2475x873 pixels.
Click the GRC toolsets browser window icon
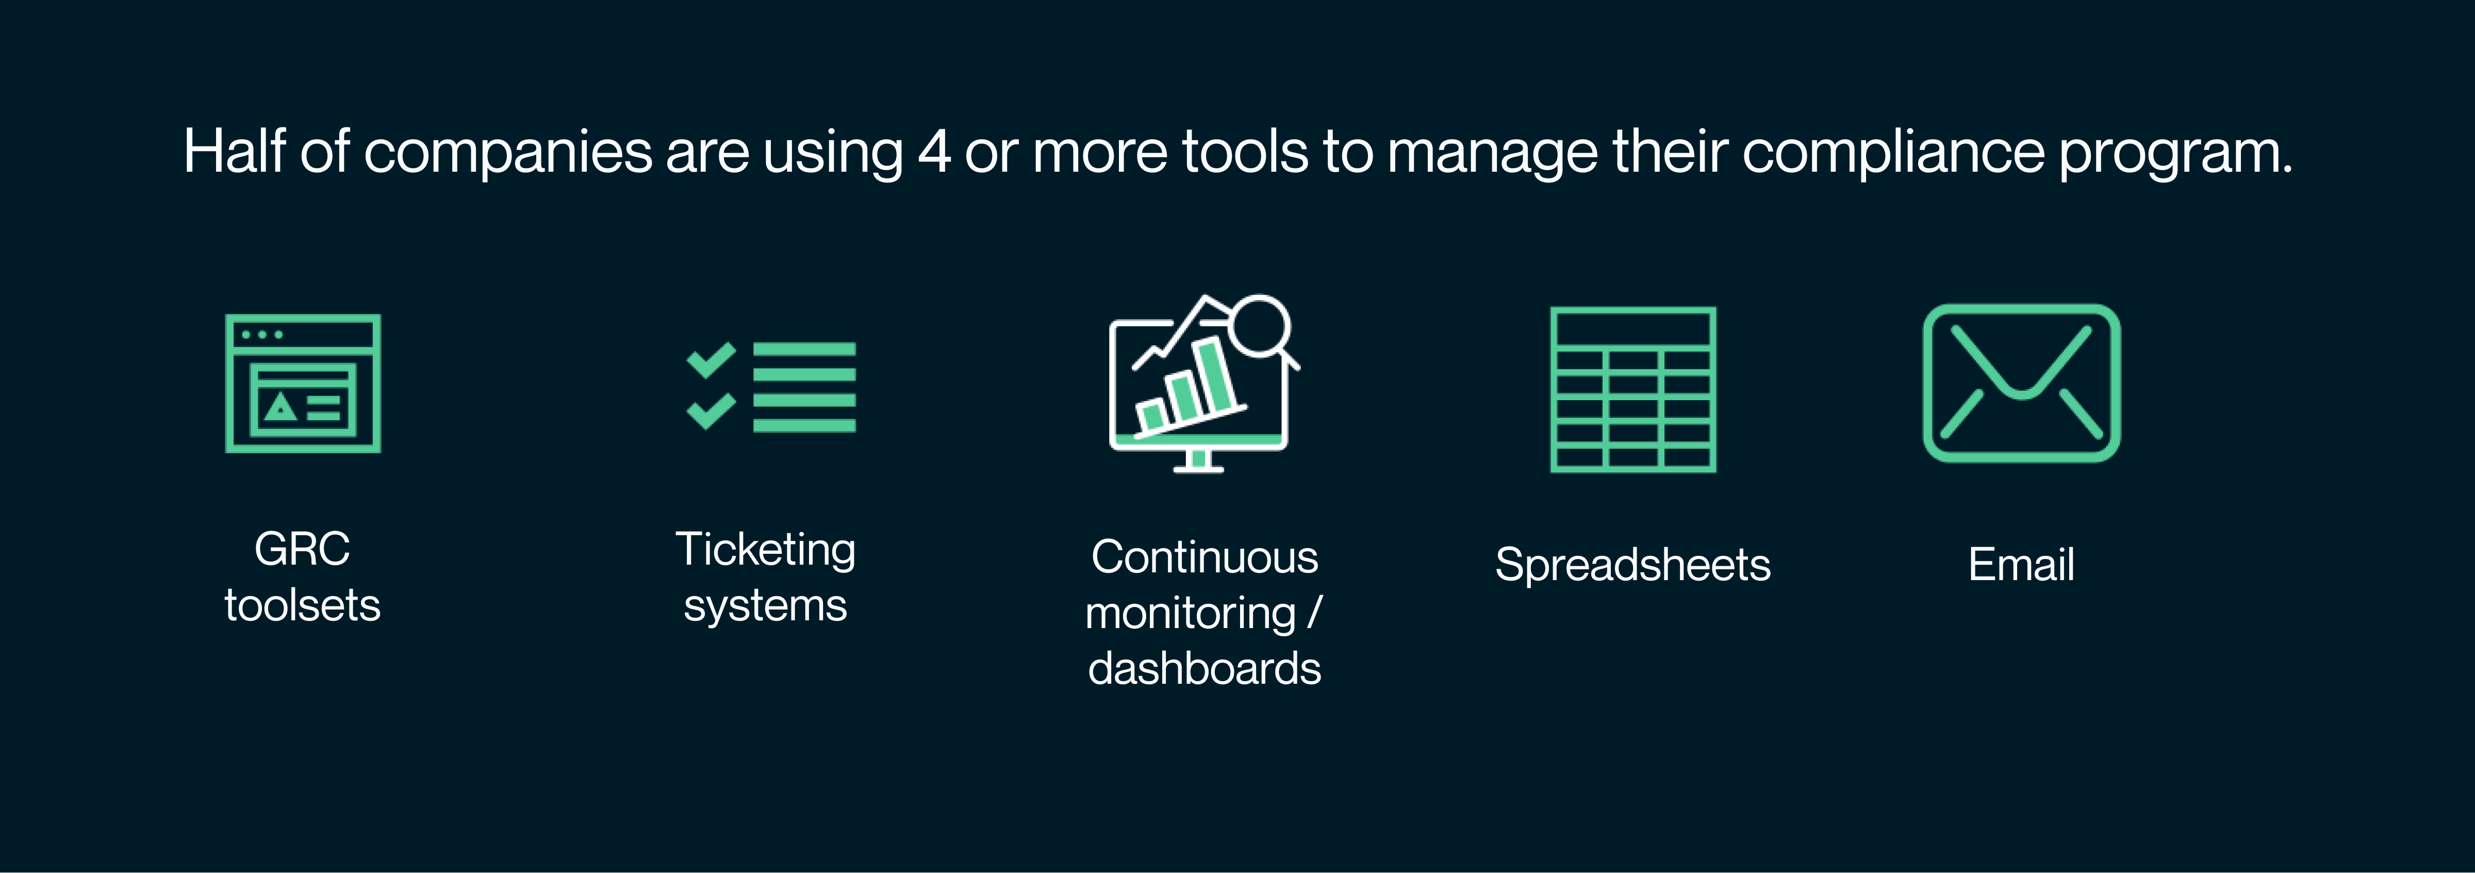click(303, 383)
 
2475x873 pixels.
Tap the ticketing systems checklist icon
click(770, 386)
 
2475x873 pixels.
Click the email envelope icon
click(2021, 383)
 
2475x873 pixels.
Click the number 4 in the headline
click(934, 152)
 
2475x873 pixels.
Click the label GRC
click(302, 549)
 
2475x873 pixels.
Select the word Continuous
click(1205, 557)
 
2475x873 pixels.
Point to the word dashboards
click(1205, 668)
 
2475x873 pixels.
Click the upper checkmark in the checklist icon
click(711, 360)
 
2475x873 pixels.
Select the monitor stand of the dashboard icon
click(1198, 462)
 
